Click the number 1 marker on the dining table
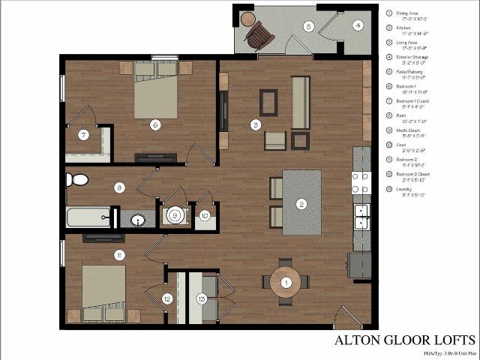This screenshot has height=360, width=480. (x=286, y=282)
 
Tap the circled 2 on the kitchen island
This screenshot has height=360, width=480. (x=301, y=203)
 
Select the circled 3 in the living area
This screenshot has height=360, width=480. (x=256, y=124)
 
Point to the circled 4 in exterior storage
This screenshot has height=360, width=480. (x=358, y=25)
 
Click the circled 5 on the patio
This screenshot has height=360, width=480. (x=308, y=26)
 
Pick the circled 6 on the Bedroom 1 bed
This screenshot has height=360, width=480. (x=154, y=124)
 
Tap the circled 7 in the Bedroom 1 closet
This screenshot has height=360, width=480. (x=84, y=135)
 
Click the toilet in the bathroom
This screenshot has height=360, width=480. (x=76, y=180)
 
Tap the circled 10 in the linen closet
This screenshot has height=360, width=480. (x=205, y=216)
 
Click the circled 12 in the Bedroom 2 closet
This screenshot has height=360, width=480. (x=166, y=298)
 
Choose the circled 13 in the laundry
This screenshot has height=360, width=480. (x=200, y=298)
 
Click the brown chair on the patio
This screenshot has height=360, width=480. (x=260, y=34)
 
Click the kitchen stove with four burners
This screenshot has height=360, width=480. (x=361, y=181)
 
